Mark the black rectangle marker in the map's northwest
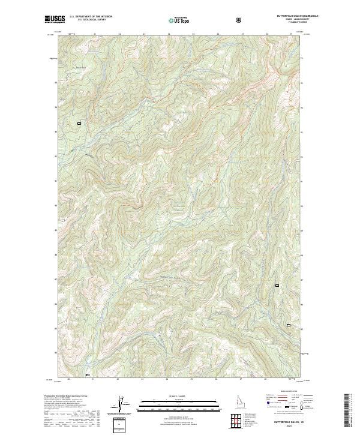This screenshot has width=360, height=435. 79,123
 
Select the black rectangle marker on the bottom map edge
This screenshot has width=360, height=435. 88,376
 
